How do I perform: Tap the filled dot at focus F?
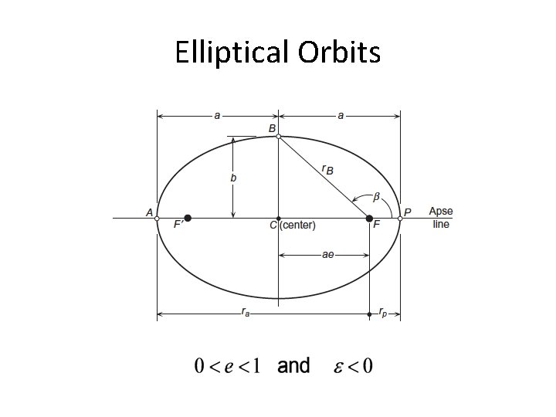point(369,219)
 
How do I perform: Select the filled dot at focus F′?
point(188,219)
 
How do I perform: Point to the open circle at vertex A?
point(157,219)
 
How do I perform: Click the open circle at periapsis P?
point(400,219)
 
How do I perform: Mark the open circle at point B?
point(278,137)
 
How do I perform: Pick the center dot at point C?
point(278,219)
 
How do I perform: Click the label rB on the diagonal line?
point(327,169)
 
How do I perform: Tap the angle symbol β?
point(377,197)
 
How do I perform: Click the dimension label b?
point(234,178)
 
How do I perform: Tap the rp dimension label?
point(384,314)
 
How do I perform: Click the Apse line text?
point(441,218)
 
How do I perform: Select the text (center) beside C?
point(298,225)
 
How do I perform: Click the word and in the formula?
point(293,365)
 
